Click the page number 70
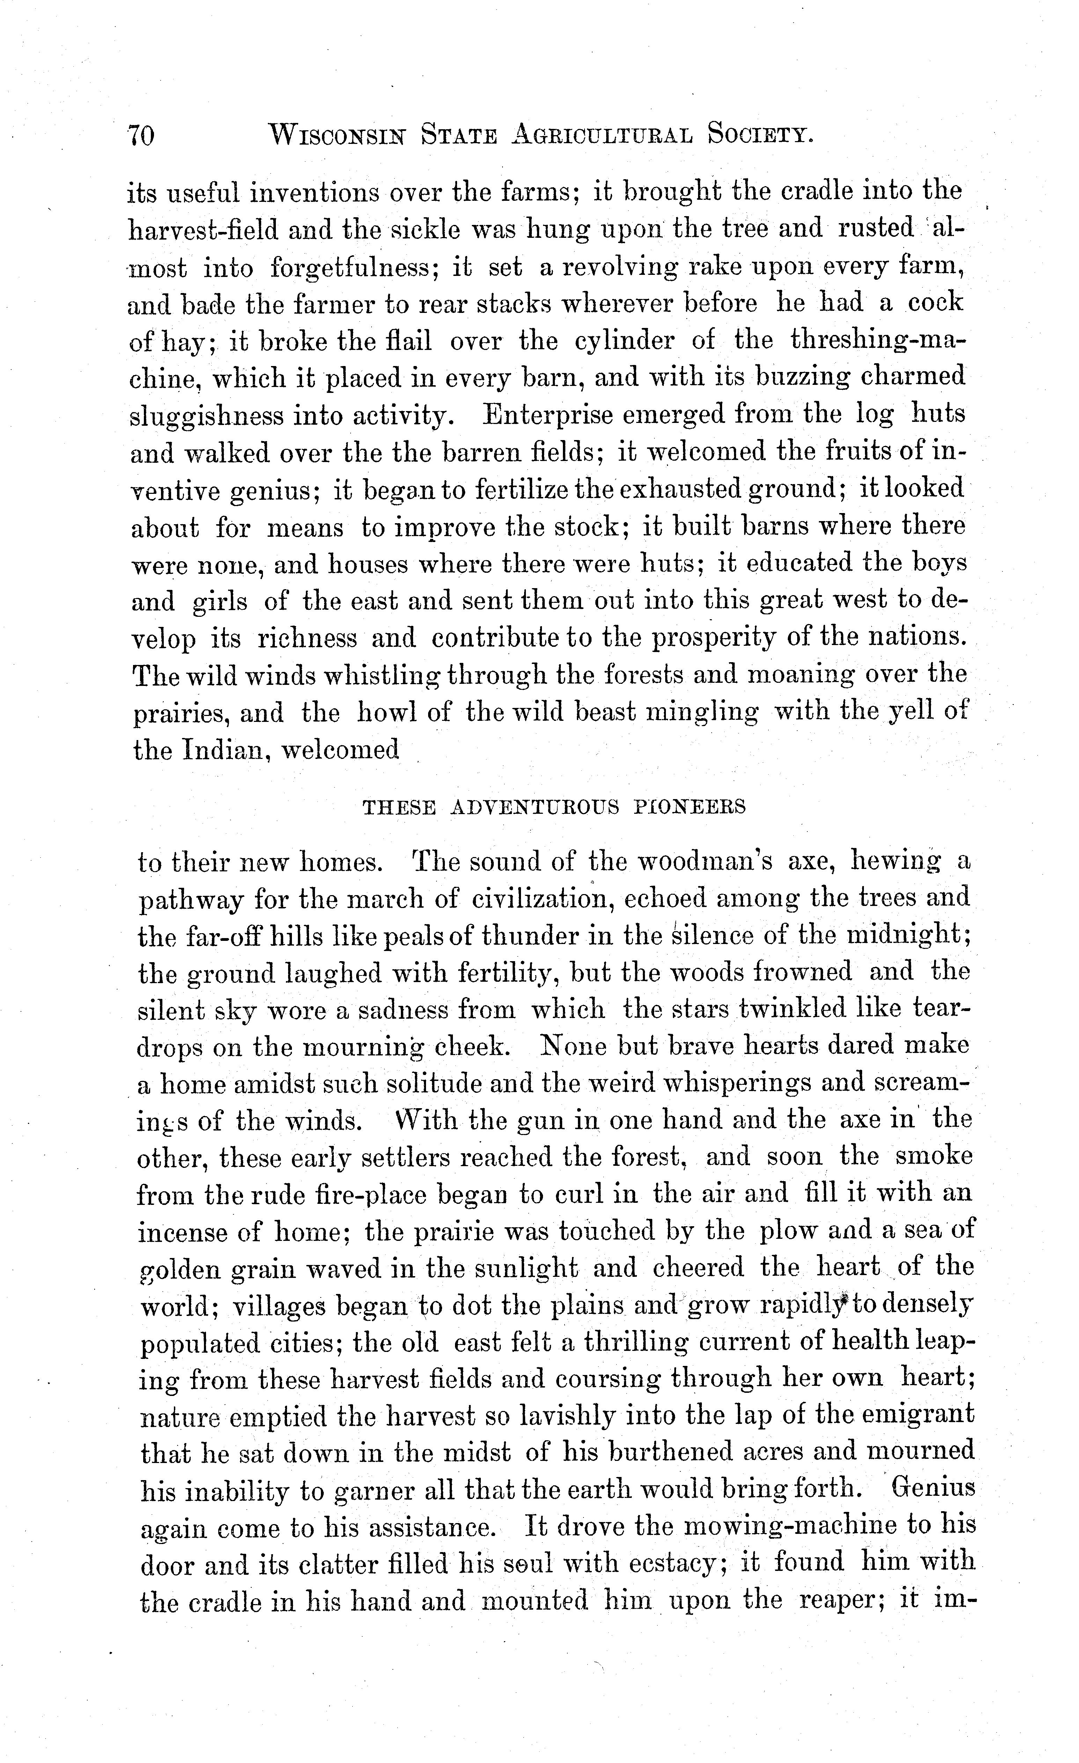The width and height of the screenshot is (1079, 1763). coord(141,134)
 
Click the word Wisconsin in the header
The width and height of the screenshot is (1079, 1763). coord(335,134)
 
